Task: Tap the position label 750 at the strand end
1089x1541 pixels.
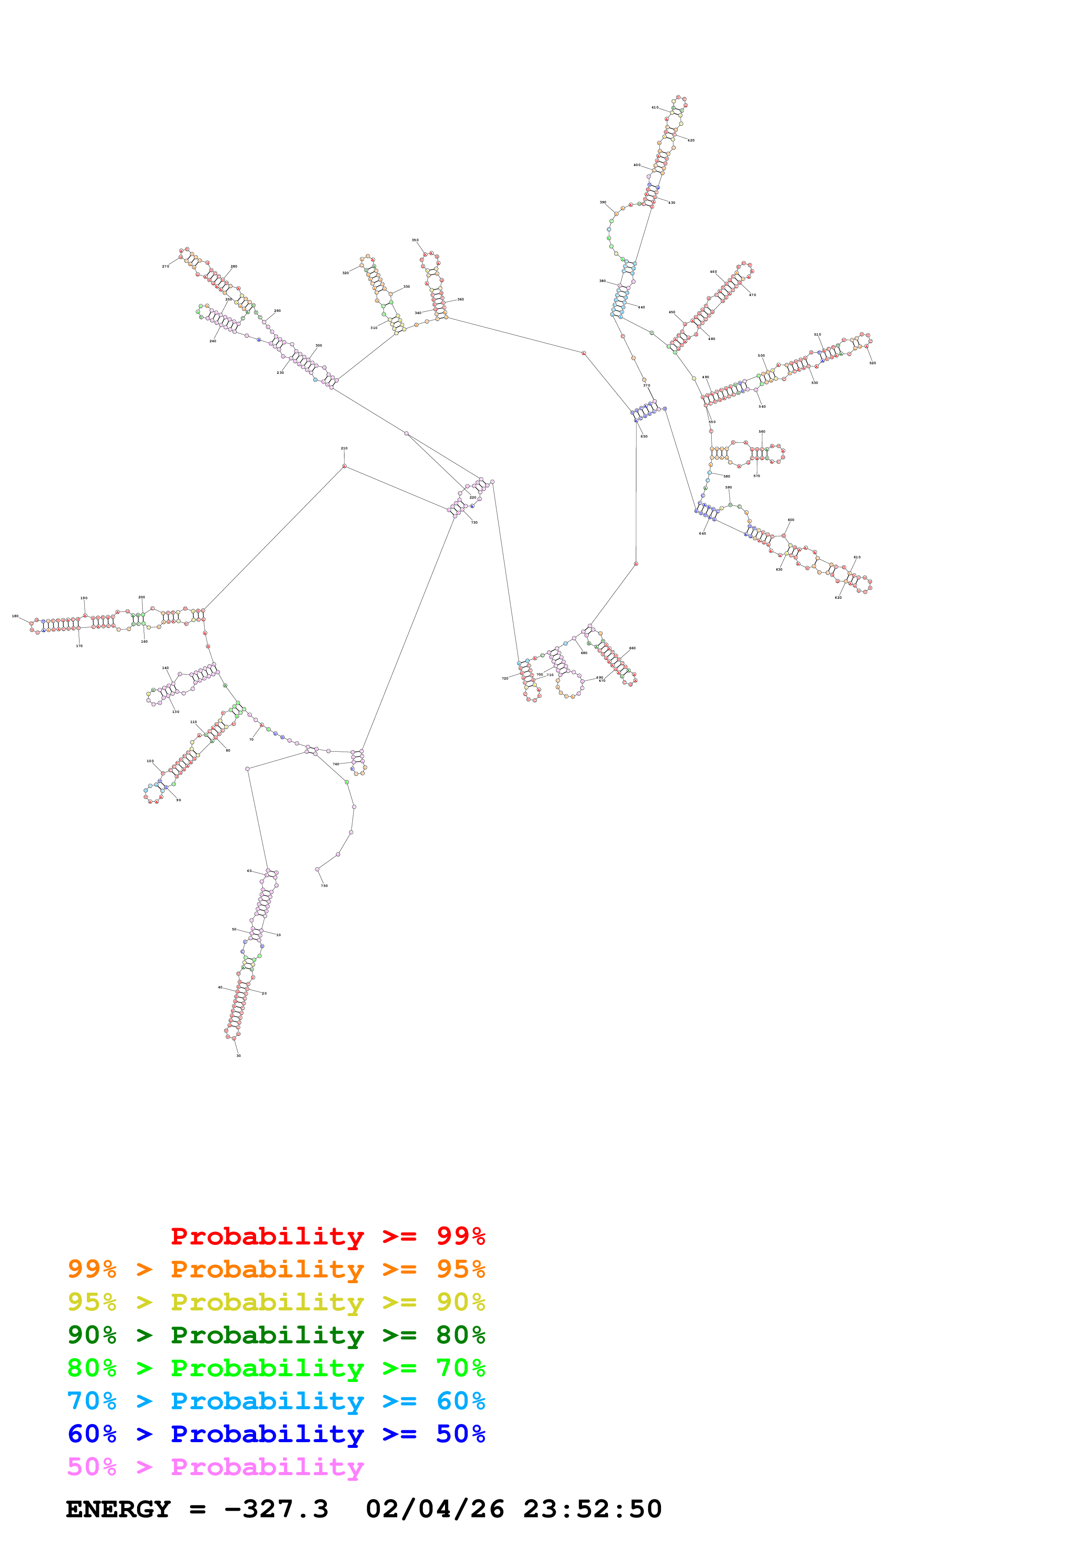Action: pos(324,886)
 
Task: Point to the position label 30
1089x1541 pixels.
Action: pos(238,1056)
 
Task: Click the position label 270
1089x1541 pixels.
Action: pos(165,267)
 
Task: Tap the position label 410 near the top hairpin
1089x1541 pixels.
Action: pos(655,107)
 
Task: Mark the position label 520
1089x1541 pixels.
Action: pos(872,363)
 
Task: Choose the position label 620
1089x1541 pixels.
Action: pos(838,597)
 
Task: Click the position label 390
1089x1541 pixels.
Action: pos(603,202)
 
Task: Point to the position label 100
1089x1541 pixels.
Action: pos(150,761)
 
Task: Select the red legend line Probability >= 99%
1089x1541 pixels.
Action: pos(327,1236)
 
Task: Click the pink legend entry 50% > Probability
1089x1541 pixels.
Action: pos(215,1466)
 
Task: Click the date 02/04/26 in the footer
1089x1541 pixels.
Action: pos(435,1509)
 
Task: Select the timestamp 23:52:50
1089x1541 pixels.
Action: pos(593,1509)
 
